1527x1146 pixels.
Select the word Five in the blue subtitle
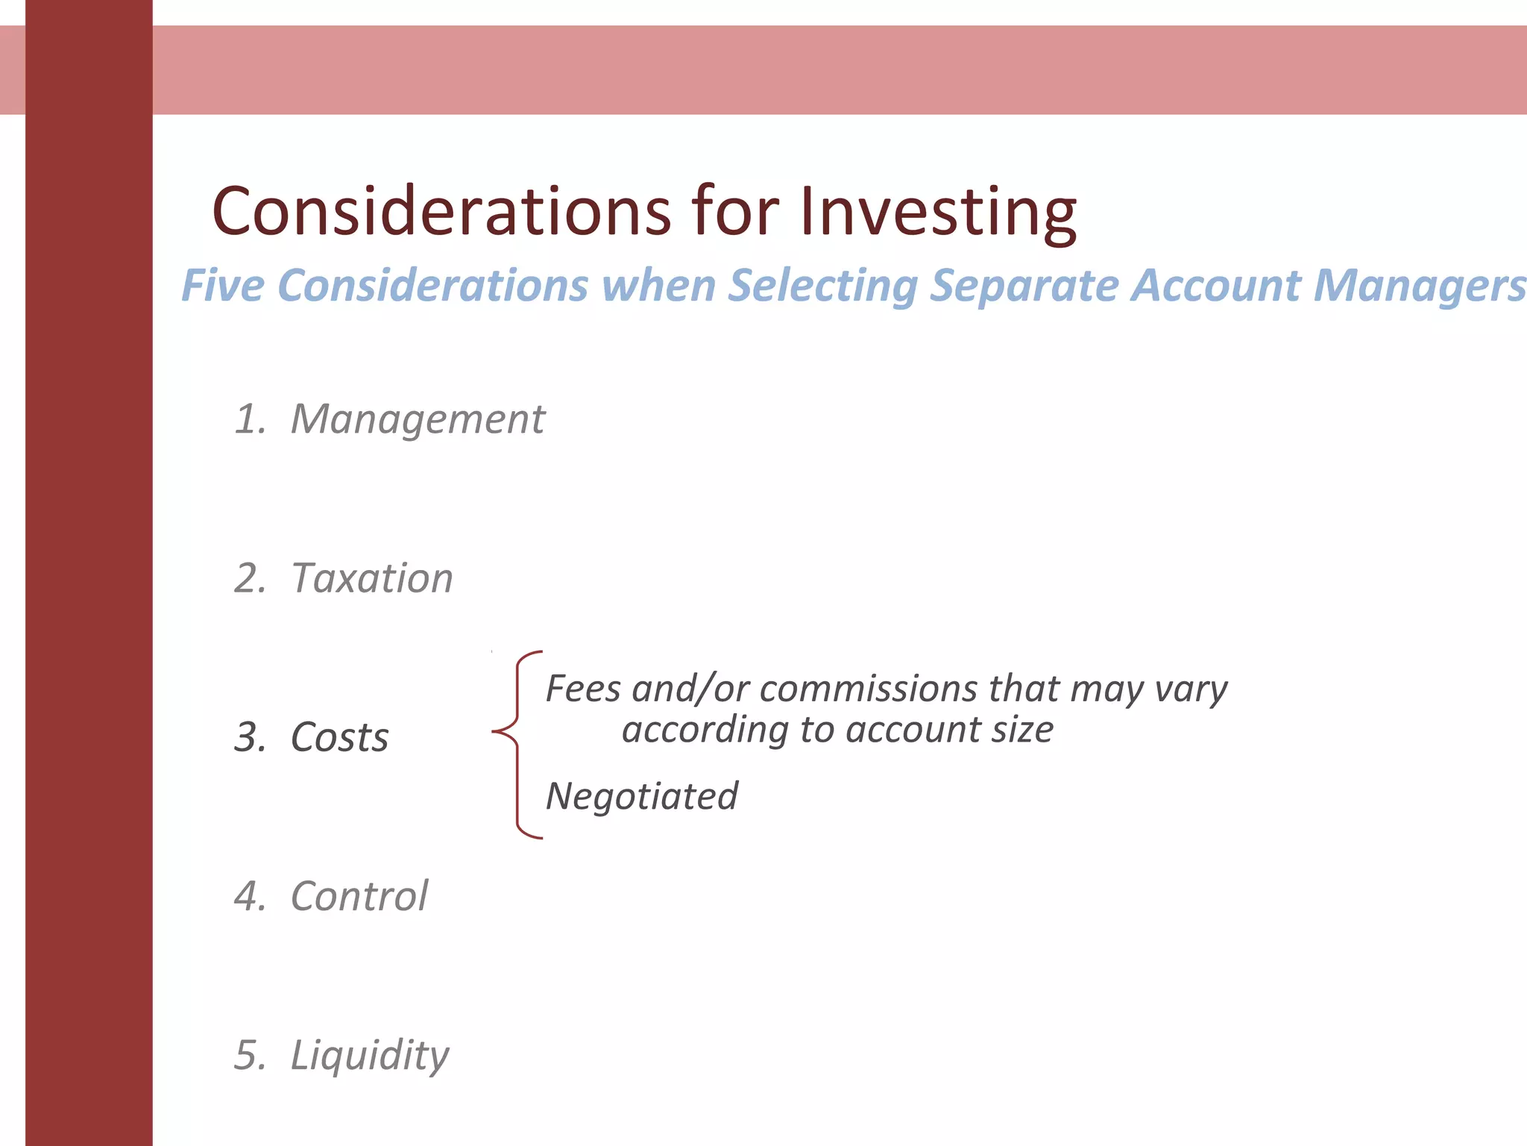pyautogui.click(x=223, y=285)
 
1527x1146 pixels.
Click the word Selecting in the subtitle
pyautogui.click(x=822, y=286)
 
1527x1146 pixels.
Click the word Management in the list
pyautogui.click(x=418, y=419)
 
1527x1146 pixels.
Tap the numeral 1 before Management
pyautogui.click(x=247, y=419)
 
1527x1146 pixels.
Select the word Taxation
pyautogui.click(x=372, y=578)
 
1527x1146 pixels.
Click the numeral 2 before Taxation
pyautogui.click(x=248, y=578)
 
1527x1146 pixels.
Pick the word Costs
pyautogui.click(x=339, y=737)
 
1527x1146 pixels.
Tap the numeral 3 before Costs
pyautogui.click(x=248, y=737)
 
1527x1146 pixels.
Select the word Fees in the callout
pyautogui.click(x=583, y=688)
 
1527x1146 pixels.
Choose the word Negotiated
pyautogui.click(x=642, y=797)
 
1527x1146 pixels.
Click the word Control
pyautogui.click(x=359, y=896)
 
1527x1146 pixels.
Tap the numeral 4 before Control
pyautogui.click(x=248, y=896)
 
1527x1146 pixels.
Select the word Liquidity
pyautogui.click(x=370, y=1056)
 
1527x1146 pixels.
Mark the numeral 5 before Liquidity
pyautogui.click(x=248, y=1056)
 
